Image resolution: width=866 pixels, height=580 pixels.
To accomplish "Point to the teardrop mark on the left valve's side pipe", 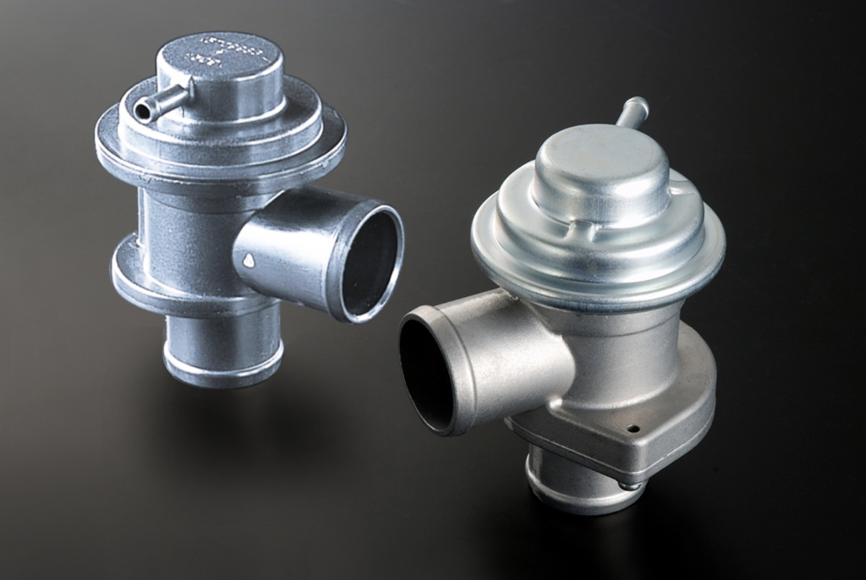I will tap(248, 262).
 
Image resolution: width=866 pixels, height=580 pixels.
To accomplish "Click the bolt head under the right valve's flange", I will tap(629, 484).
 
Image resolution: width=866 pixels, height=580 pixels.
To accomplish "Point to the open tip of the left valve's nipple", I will tap(143, 110).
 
